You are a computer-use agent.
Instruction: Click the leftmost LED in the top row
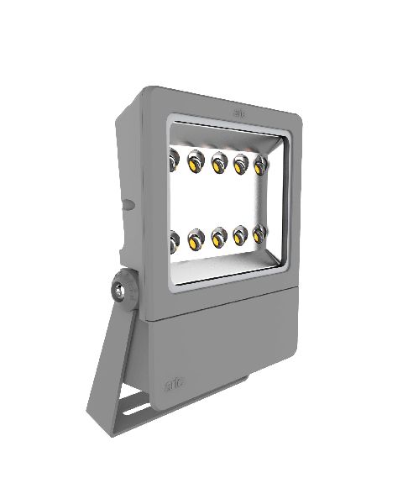click(x=175, y=157)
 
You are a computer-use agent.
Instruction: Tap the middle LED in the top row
click(x=220, y=160)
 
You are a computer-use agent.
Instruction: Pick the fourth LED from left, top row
click(x=241, y=160)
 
